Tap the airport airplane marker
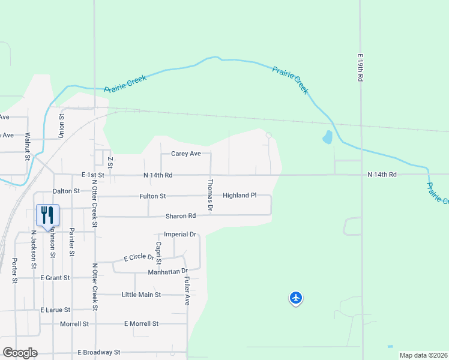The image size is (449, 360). point(295,298)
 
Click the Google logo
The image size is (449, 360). point(20,353)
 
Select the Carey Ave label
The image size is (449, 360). point(185,154)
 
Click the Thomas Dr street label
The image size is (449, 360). point(210,195)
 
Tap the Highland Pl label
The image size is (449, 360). point(240,196)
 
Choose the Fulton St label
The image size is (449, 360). point(153,196)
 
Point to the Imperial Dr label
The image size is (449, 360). point(180,234)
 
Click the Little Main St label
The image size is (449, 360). point(141,295)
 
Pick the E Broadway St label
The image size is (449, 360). point(99,352)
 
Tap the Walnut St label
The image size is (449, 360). point(28,148)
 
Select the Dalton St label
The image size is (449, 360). point(66,191)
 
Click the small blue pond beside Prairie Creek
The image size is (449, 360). point(327,137)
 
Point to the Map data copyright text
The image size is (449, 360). point(423,355)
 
